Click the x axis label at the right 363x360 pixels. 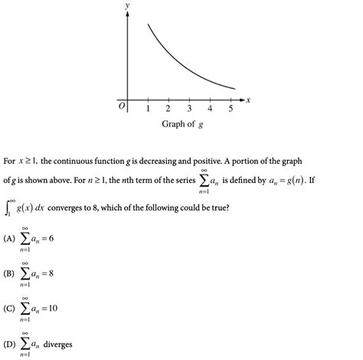point(249,100)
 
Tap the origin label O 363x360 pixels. point(120,106)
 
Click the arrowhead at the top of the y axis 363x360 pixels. point(126,15)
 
